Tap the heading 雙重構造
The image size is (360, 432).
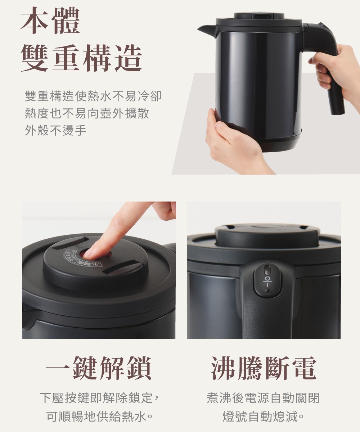[x=81, y=58]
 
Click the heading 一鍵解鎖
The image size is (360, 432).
[x=99, y=368]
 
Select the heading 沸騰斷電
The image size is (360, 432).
[x=264, y=368]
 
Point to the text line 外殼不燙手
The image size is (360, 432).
[x=55, y=130]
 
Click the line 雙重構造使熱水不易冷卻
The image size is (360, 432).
[x=93, y=96]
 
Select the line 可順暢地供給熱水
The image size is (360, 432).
[x=99, y=416]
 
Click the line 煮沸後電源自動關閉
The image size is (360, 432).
[x=263, y=398]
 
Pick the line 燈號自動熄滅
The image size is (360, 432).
[x=263, y=416]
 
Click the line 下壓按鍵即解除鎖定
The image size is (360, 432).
[x=99, y=398]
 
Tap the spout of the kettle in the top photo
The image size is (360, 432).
[x=207, y=30]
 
